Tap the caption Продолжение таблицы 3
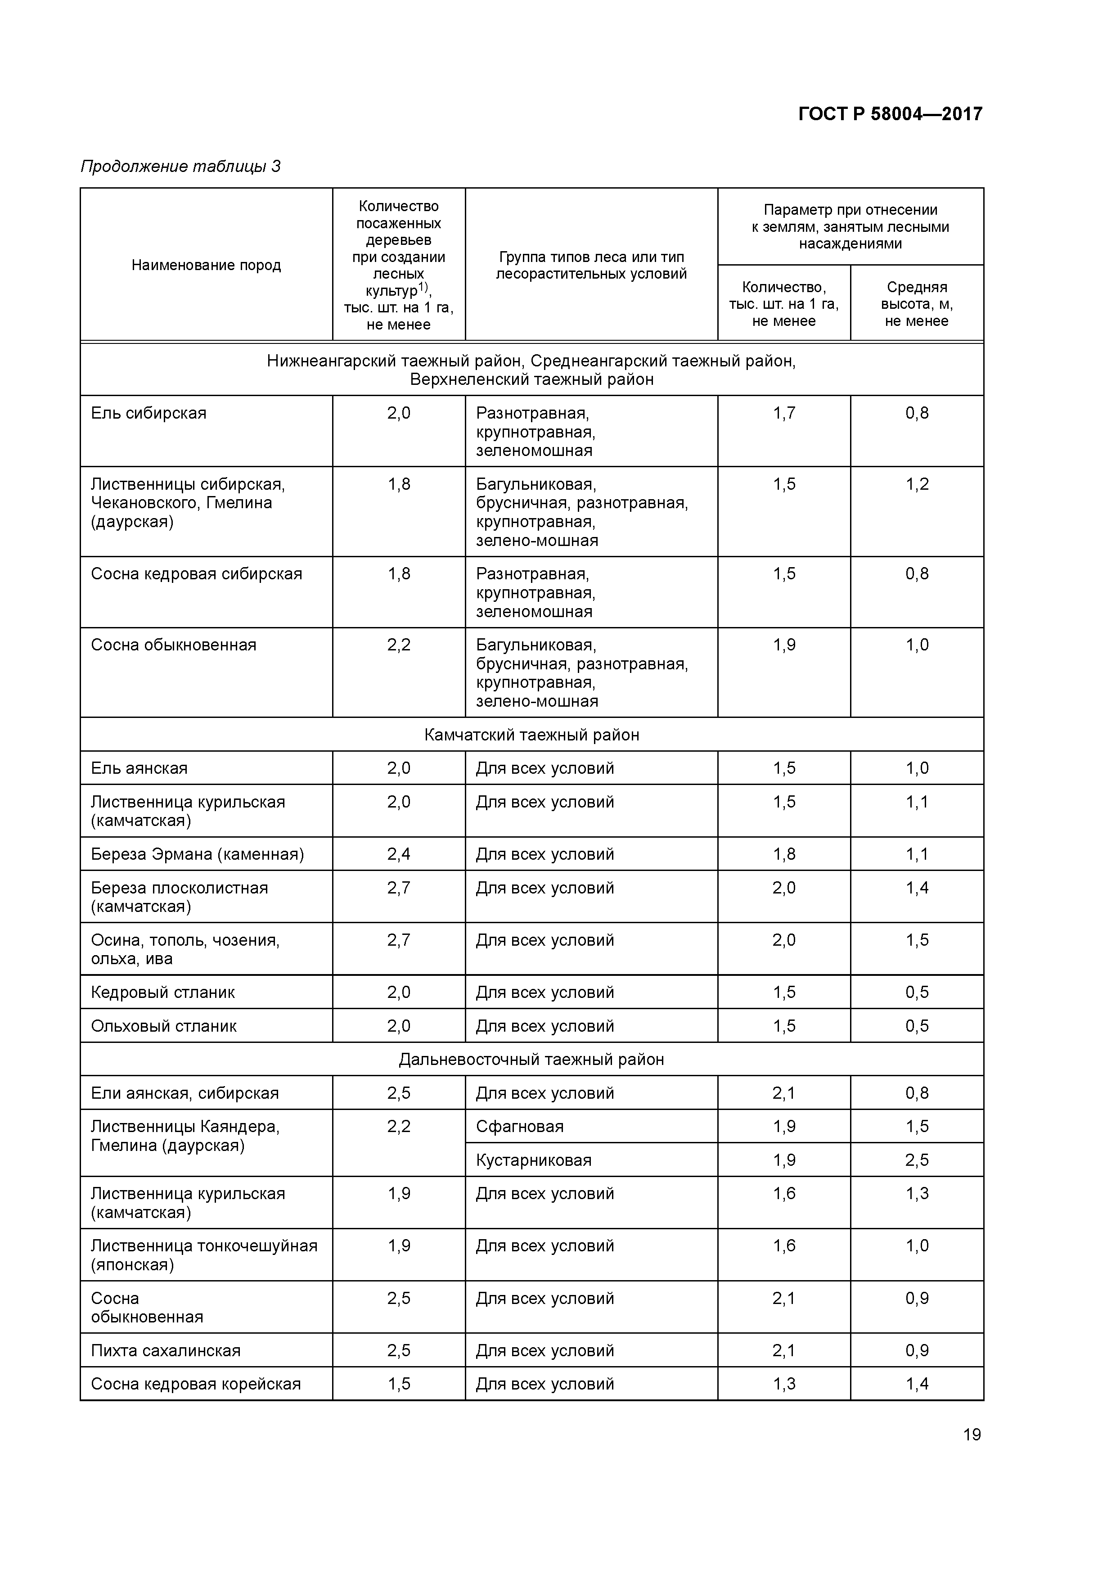(180, 167)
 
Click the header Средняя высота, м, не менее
(917, 304)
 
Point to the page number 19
(972, 1435)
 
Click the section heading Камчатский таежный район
(531, 735)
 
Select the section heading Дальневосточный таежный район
(531, 1059)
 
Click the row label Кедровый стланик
(163, 993)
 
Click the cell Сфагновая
(520, 1127)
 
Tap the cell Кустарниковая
(534, 1160)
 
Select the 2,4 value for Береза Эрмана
(399, 854)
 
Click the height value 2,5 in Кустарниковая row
(917, 1160)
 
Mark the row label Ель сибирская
(148, 413)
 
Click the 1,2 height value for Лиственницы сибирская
(917, 484)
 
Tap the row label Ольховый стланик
(164, 1026)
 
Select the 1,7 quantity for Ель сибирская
(784, 413)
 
